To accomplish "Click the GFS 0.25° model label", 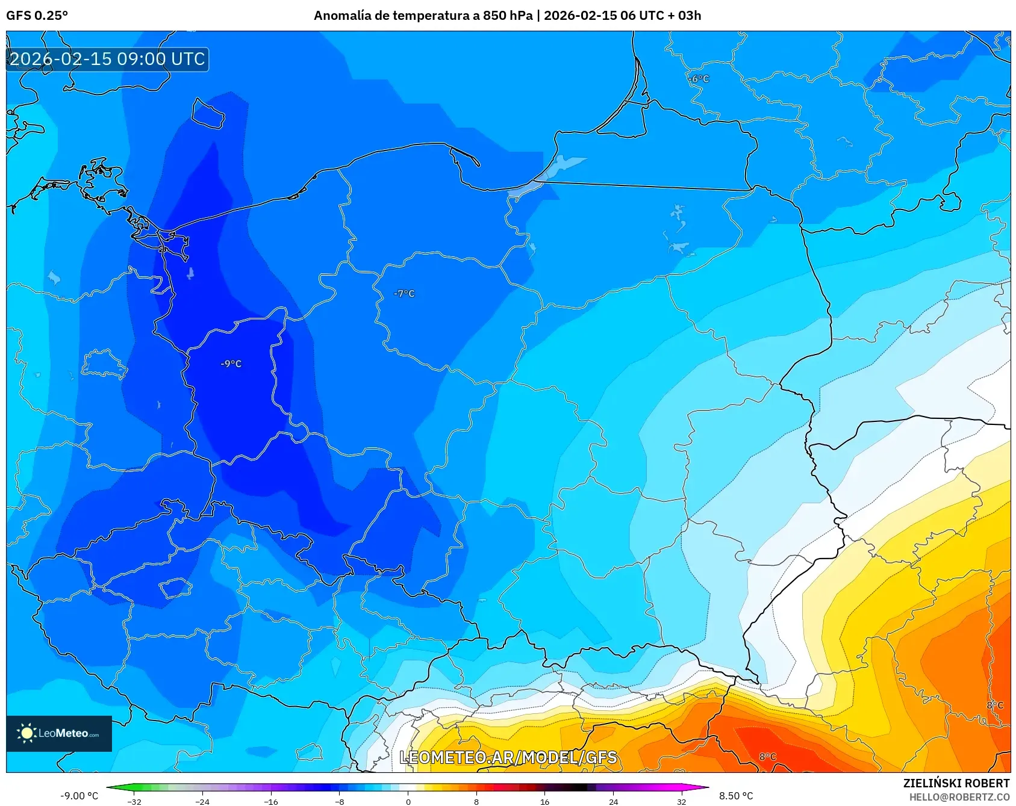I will click(x=37, y=15).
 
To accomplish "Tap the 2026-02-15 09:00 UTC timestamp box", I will click(x=107, y=59).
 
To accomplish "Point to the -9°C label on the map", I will click(x=231, y=364).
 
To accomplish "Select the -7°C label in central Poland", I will click(x=404, y=294).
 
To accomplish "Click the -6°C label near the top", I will click(x=699, y=79).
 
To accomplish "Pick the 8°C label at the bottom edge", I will click(x=767, y=757).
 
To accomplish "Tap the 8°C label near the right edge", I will click(x=995, y=705).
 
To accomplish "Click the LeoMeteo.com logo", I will click(x=59, y=733).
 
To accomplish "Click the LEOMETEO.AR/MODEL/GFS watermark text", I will click(x=508, y=757).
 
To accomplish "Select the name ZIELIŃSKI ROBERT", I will click(x=956, y=783).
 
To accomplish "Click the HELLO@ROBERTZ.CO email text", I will click(x=959, y=797).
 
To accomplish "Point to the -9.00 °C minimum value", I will click(x=79, y=796).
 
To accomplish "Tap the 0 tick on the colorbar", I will click(x=408, y=801).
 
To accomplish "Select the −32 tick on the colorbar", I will click(x=134, y=801).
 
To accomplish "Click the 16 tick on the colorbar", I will click(x=544, y=801).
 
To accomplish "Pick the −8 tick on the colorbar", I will click(x=340, y=801).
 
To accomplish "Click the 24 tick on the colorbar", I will click(x=613, y=801).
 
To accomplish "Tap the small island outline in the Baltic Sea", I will click(x=208, y=113).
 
